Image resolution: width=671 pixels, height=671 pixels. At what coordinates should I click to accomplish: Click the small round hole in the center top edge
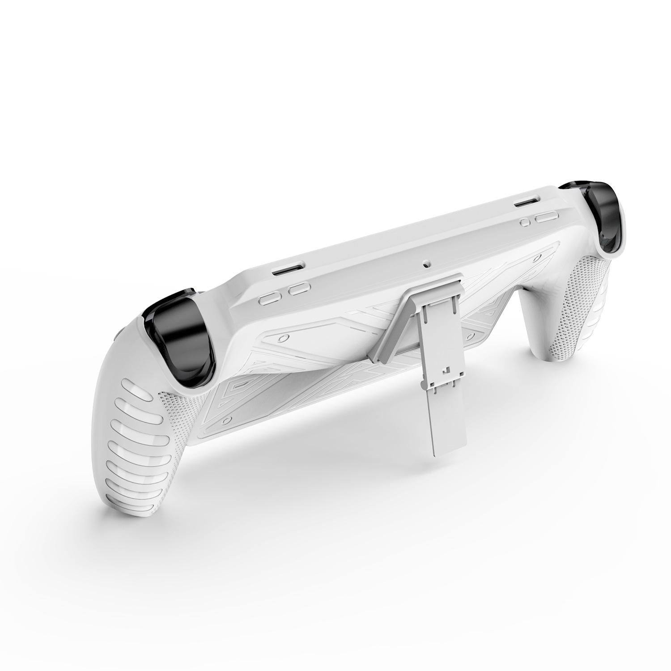pyautogui.click(x=426, y=264)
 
